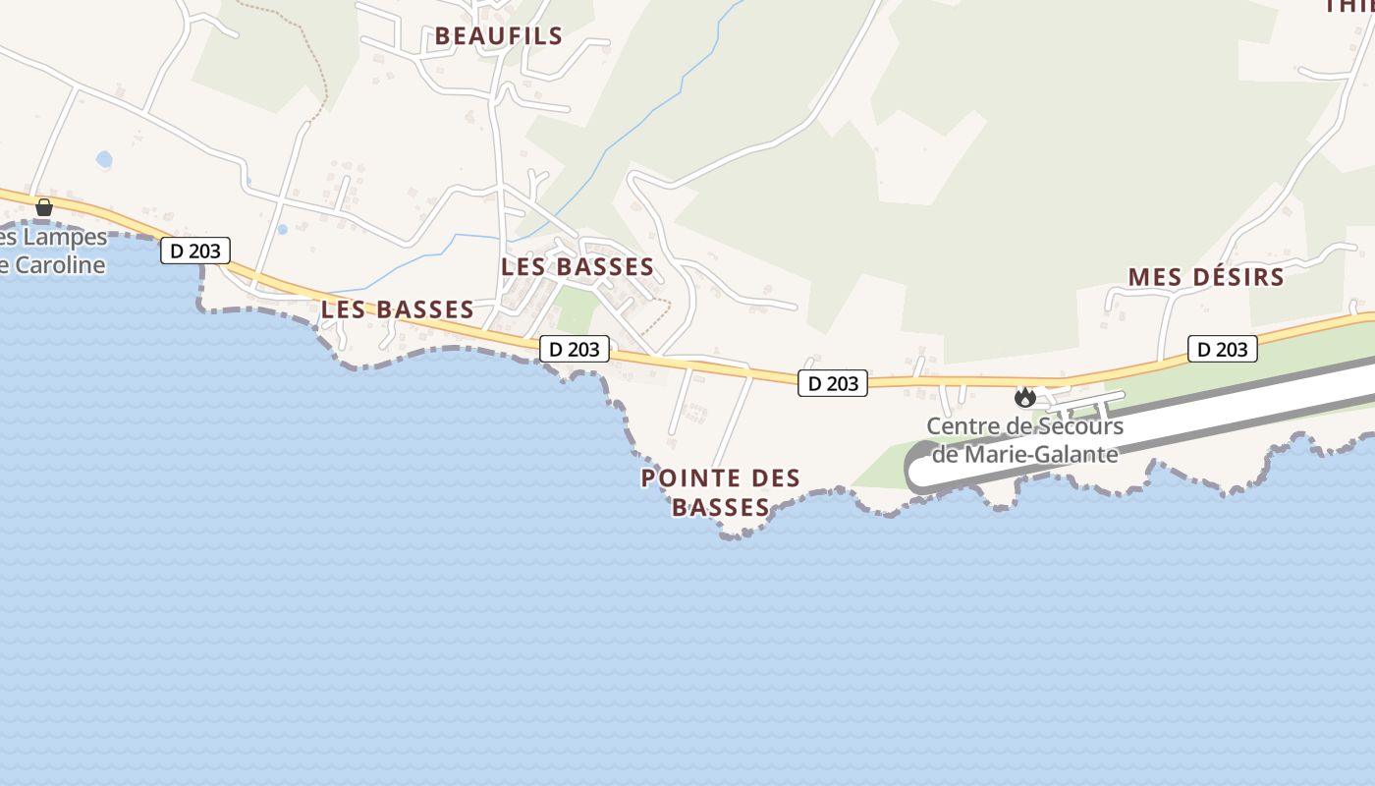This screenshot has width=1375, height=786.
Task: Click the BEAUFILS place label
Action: [x=499, y=36]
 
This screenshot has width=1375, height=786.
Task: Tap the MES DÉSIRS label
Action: [x=1206, y=277]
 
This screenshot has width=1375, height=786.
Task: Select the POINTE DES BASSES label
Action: [x=721, y=492]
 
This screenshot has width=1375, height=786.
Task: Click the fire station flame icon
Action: [x=1025, y=397]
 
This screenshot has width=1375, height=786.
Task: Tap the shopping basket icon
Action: [x=44, y=207]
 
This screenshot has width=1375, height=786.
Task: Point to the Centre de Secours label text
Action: [x=1024, y=426]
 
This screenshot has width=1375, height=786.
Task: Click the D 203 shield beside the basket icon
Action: [x=195, y=251]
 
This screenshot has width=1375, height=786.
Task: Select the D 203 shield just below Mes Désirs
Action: [x=1222, y=349]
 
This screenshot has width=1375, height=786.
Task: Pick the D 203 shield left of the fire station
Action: [x=833, y=383]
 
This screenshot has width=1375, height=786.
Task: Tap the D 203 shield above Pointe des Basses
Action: [x=575, y=348]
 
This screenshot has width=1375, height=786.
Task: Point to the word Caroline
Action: [x=59, y=265]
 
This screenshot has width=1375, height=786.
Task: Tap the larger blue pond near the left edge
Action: [x=104, y=158]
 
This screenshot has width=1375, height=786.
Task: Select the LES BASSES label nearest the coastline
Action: [x=398, y=309]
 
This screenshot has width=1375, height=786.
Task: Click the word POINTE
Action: [x=691, y=478]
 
